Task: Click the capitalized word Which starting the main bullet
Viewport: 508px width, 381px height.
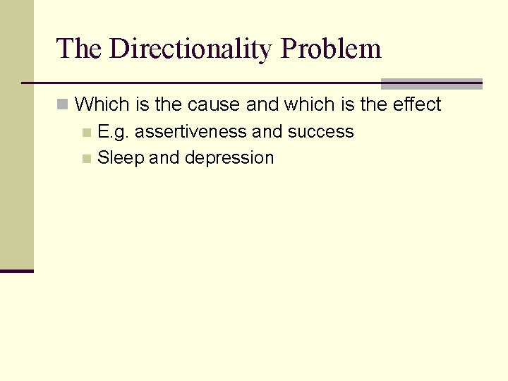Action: pyautogui.click(x=102, y=104)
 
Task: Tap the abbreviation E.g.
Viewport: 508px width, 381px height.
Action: pyautogui.click(x=114, y=132)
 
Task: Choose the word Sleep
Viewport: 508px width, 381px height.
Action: pyautogui.click(x=121, y=157)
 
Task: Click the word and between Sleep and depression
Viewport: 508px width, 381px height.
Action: pyautogui.click(x=164, y=157)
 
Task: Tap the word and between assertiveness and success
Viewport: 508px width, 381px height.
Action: pyautogui.click(x=267, y=132)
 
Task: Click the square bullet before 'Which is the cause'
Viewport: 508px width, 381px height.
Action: pyautogui.click(x=63, y=105)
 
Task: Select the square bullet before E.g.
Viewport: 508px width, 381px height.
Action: pyautogui.click(x=86, y=133)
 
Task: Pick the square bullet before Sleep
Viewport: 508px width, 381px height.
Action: pyautogui.click(x=86, y=158)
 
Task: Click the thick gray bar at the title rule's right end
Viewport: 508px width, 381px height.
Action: pyautogui.click(x=431, y=83)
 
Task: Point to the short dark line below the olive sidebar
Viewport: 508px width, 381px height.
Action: pyautogui.click(x=16, y=271)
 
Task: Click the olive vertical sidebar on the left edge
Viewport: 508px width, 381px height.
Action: pyautogui.click(x=16, y=134)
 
